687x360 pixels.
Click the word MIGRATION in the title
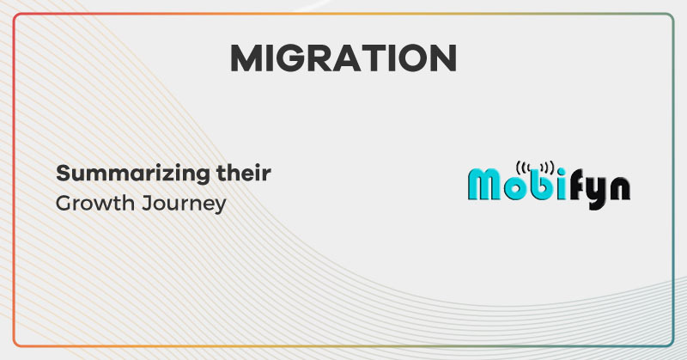[343, 58]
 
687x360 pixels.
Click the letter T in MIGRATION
[376, 58]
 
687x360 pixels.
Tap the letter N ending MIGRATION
[442, 58]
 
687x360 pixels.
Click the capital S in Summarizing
[63, 174]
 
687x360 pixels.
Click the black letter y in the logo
[595, 189]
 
